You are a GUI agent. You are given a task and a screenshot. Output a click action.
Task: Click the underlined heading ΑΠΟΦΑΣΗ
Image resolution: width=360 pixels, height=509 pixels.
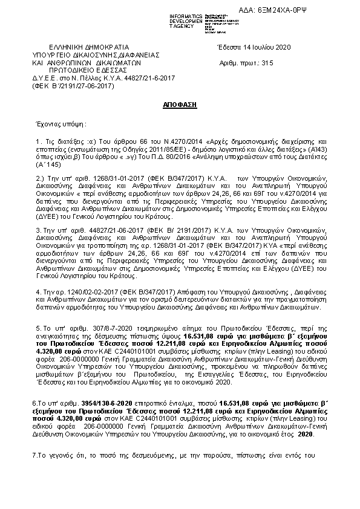click(180, 105)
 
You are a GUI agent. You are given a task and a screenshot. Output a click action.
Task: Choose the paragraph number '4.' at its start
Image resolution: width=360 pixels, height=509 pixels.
click(38, 291)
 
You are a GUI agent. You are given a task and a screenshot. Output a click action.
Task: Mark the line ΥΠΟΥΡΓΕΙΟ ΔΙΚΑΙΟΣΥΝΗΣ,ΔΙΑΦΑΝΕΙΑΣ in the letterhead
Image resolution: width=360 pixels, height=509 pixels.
click(96, 54)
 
